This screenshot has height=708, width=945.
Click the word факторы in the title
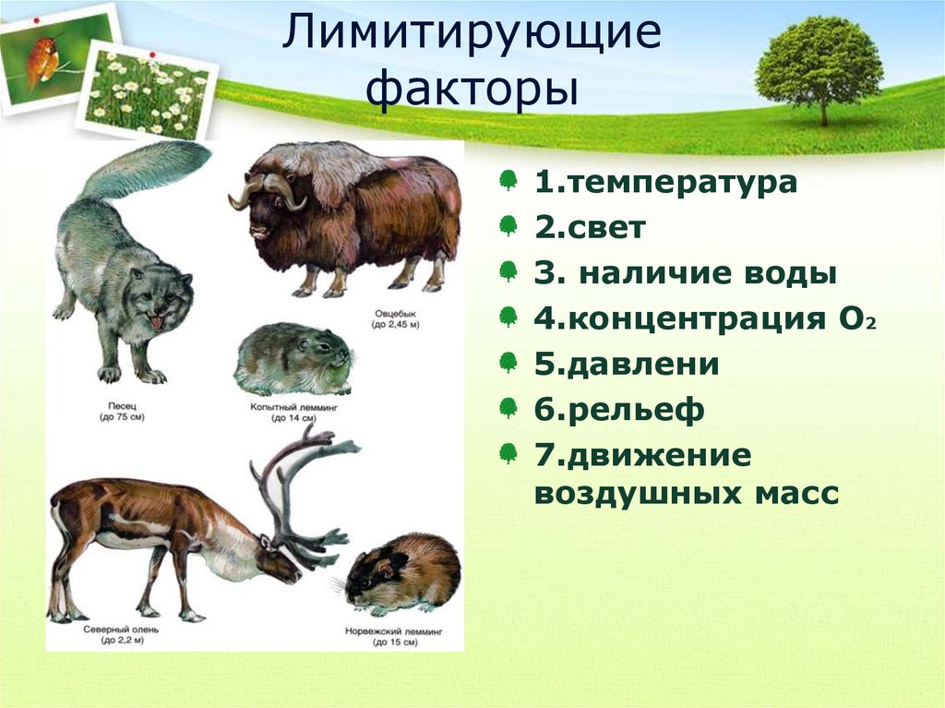tap(472, 90)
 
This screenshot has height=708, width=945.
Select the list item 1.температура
tap(664, 182)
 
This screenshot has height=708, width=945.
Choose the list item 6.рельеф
tap(619, 411)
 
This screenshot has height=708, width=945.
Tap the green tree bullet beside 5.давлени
tap(508, 363)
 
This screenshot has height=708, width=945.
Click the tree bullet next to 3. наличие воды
tap(508, 271)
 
